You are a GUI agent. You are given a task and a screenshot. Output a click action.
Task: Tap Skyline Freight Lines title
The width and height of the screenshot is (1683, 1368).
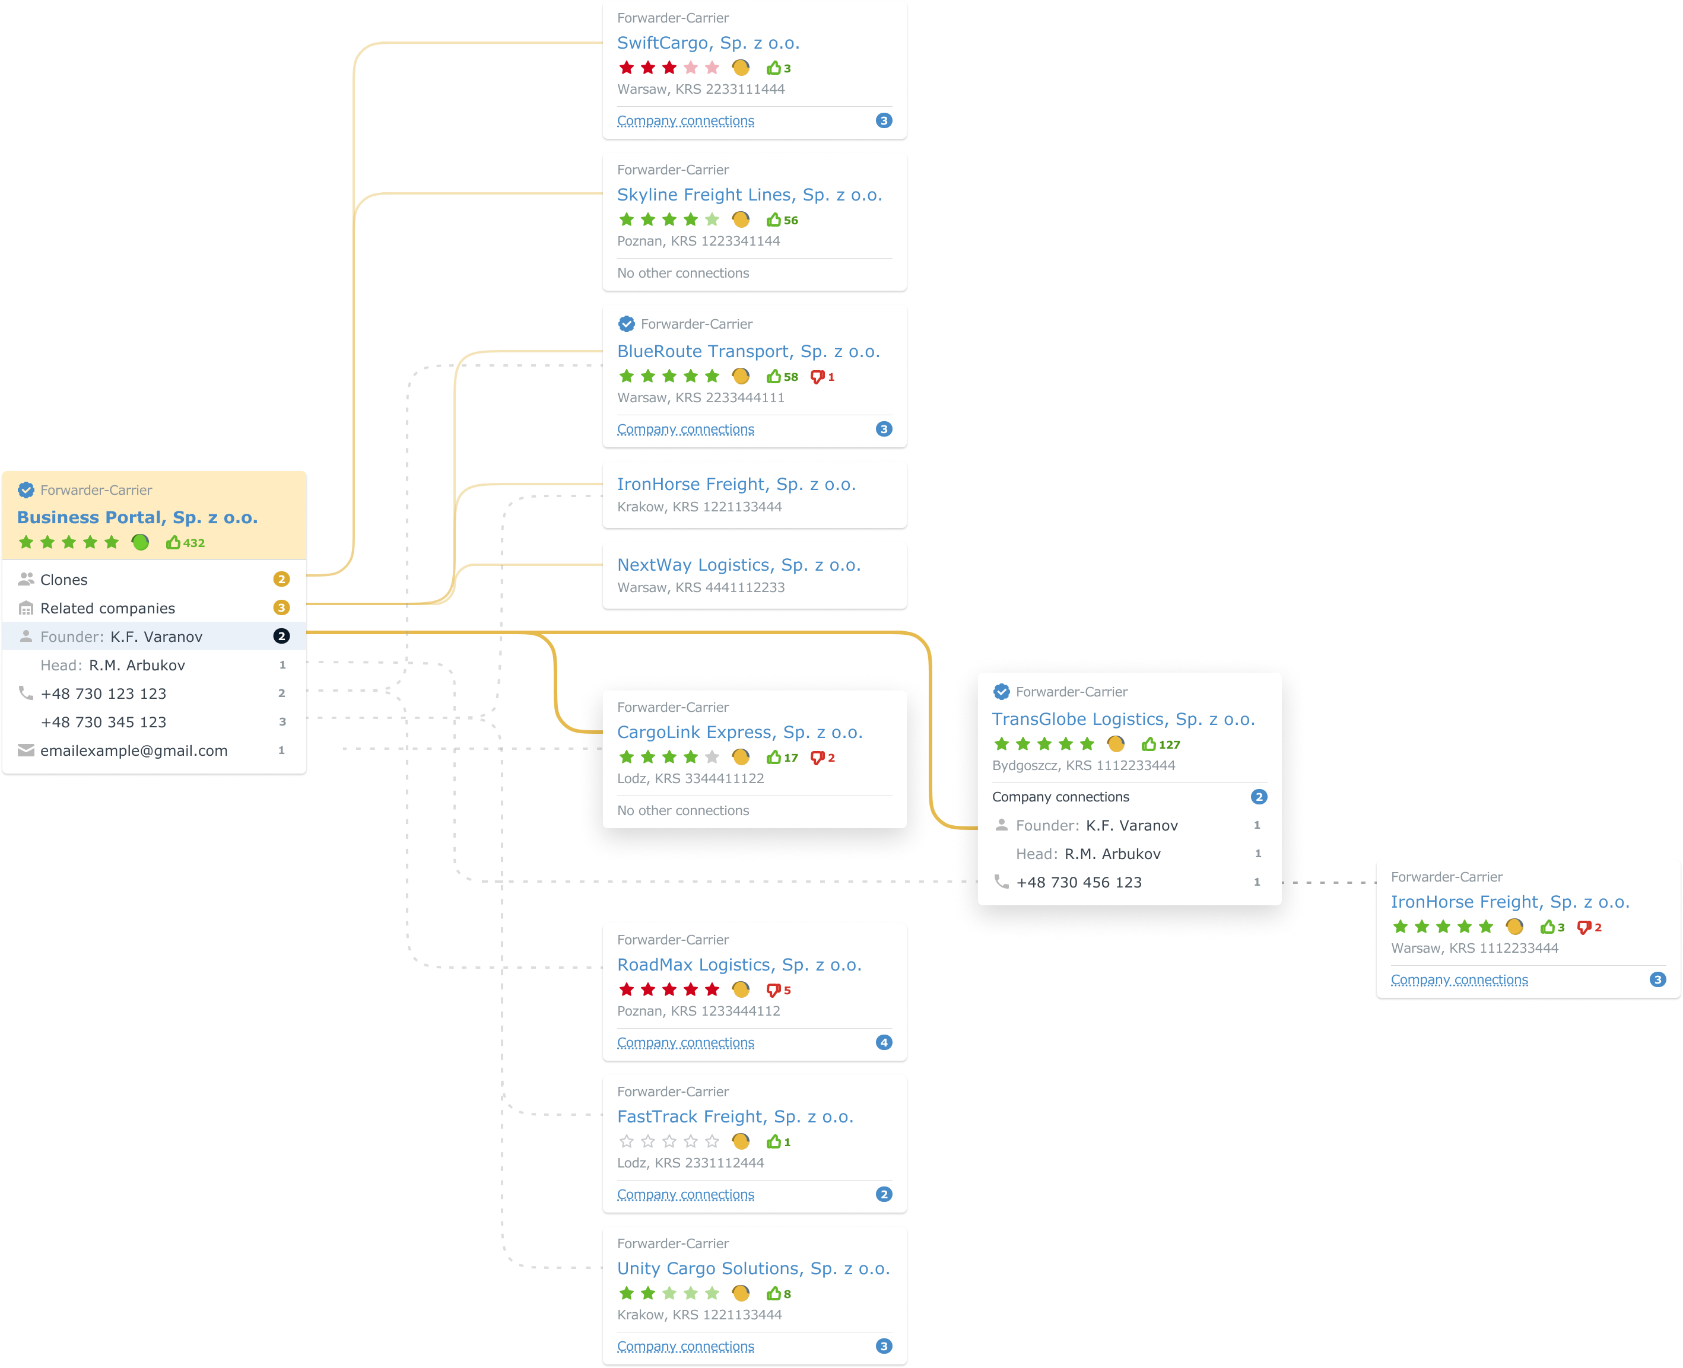pyautogui.click(x=749, y=195)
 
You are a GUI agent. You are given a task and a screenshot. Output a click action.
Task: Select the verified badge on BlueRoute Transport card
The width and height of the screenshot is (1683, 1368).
pyautogui.click(x=627, y=324)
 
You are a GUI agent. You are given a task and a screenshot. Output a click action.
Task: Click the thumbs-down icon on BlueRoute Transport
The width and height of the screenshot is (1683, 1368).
pyautogui.click(x=817, y=377)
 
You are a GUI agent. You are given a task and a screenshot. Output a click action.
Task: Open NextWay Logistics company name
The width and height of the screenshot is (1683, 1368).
pyautogui.click(x=739, y=565)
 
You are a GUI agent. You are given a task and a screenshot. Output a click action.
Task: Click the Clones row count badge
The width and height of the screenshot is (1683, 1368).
pyautogui.click(x=281, y=579)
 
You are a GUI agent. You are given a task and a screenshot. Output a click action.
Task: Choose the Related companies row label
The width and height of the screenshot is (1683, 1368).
pyautogui.click(x=107, y=608)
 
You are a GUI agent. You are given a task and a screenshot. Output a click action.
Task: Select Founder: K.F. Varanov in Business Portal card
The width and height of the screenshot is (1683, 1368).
pyautogui.click(x=122, y=637)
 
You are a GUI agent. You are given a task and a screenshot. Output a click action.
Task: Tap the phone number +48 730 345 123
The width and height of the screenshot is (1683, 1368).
pyautogui.click(x=103, y=722)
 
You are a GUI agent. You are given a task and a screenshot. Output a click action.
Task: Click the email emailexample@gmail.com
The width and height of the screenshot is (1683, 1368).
pyautogui.click(x=134, y=751)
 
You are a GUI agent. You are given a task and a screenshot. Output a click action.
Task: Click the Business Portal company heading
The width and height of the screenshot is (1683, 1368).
pyautogui.click(x=137, y=518)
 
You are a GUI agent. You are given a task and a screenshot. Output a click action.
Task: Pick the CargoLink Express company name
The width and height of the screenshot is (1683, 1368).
pyautogui.click(x=739, y=732)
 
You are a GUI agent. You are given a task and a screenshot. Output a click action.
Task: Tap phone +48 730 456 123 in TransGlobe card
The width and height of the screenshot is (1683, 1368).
pyautogui.click(x=1078, y=883)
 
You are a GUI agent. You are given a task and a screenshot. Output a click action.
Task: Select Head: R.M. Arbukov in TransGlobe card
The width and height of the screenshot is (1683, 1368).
pyautogui.click(x=1088, y=854)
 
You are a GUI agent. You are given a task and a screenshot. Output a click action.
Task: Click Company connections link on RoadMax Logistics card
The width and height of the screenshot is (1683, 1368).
pyautogui.click(x=685, y=1042)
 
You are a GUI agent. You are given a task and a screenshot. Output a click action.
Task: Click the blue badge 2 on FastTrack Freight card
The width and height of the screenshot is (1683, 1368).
pyautogui.click(x=884, y=1195)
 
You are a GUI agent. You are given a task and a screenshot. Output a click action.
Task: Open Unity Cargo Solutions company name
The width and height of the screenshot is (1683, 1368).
pyautogui.click(x=753, y=1269)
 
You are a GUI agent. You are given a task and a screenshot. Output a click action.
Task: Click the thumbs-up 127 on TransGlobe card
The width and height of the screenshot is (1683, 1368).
pyautogui.click(x=1160, y=745)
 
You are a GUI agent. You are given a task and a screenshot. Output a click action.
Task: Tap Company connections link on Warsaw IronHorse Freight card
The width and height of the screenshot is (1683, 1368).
pyautogui.click(x=1459, y=980)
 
